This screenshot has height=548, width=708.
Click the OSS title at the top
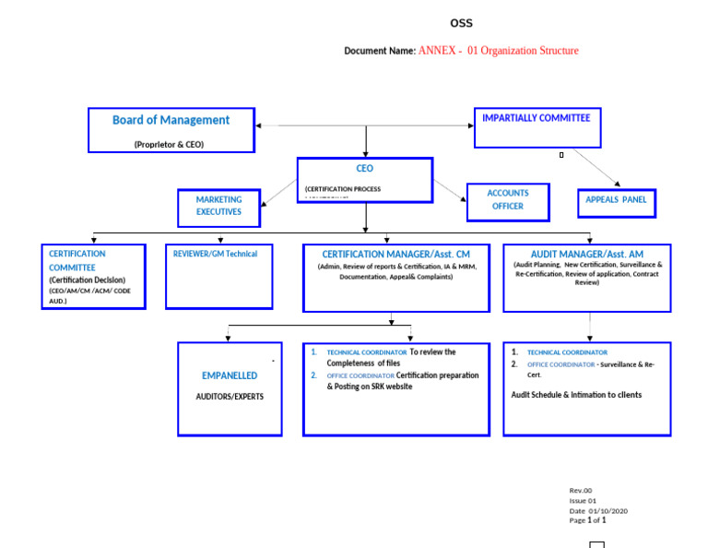(x=461, y=23)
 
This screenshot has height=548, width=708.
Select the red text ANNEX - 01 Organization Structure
(x=498, y=51)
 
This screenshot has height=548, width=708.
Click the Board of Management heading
(x=171, y=120)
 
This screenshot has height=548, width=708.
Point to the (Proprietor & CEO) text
(x=169, y=144)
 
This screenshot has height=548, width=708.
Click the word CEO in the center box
(x=365, y=169)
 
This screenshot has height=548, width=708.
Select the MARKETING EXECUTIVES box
(x=218, y=207)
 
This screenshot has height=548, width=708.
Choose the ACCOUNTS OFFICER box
(x=508, y=201)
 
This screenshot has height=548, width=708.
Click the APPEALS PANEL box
(x=616, y=201)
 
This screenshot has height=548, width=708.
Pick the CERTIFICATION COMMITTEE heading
(x=77, y=260)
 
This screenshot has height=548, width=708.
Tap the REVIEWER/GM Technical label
(x=216, y=254)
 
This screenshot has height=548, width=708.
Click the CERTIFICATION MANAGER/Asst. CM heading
(x=395, y=254)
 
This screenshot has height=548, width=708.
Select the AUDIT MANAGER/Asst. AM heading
(x=586, y=254)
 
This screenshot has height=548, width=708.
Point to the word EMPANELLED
(x=230, y=375)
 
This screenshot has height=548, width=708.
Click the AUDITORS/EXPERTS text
(x=230, y=397)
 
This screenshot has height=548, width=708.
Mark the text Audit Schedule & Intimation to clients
(x=576, y=395)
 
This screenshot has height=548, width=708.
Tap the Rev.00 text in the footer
(x=580, y=491)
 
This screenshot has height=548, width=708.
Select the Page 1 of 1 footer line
(x=587, y=520)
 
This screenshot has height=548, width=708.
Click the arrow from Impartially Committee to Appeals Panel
(x=596, y=167)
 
